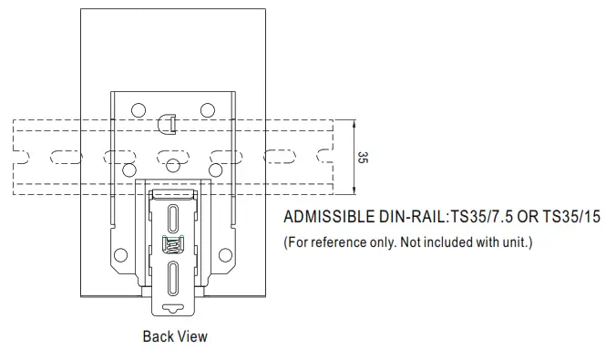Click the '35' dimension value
click(363, 158)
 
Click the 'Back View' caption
click(175, 336)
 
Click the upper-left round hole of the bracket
click(139, 110)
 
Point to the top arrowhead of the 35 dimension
click(354, 124)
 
